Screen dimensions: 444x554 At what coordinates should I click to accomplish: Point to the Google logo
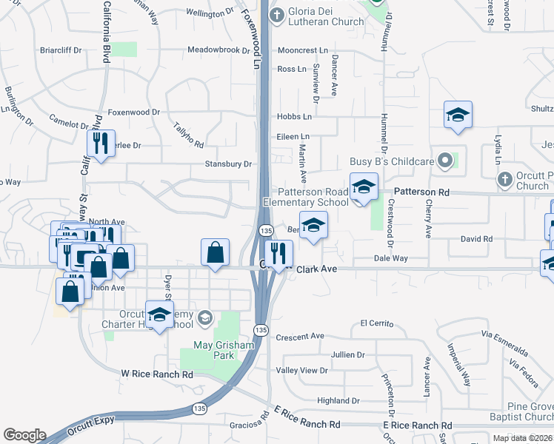pos(24,435)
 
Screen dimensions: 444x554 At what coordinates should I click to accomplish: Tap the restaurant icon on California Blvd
pos(101,143)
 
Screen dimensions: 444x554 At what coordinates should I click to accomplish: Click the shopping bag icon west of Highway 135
pos(215,252)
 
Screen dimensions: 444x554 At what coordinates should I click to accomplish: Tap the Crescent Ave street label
pos(300,337)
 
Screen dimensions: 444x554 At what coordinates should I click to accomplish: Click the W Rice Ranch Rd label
pos(157,375)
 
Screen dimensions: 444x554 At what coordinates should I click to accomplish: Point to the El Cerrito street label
pos(374,323)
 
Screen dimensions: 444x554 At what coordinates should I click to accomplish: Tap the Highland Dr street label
pos(338,401)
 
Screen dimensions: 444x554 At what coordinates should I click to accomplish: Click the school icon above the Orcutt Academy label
pos(158,314)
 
